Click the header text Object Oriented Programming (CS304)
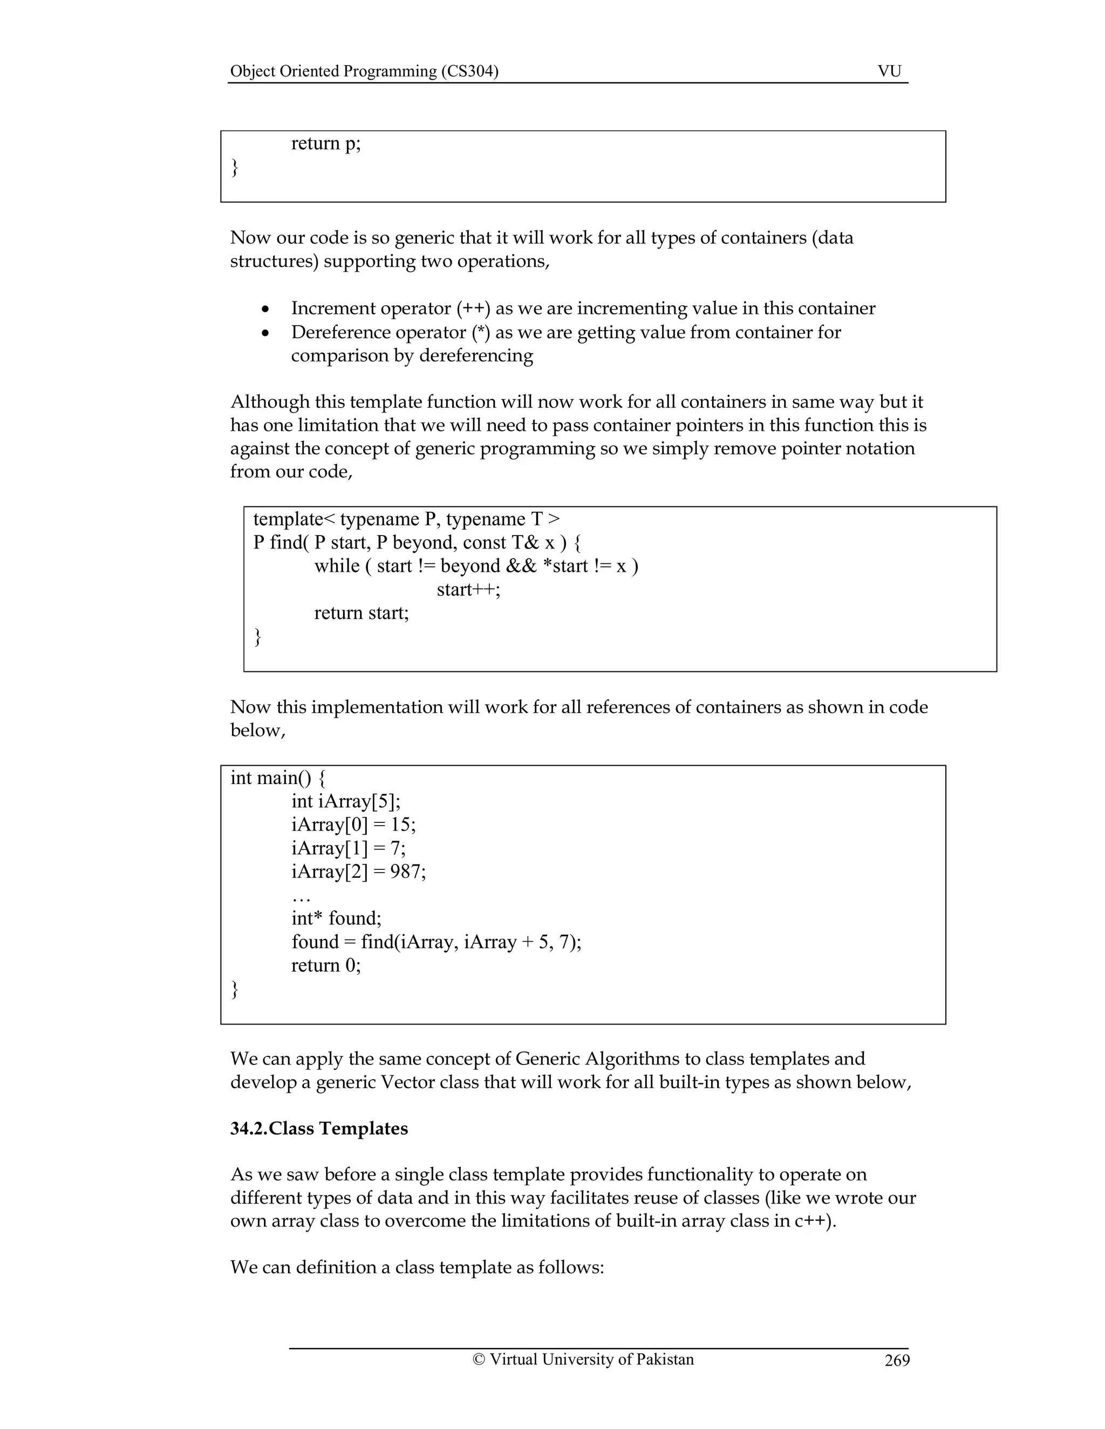(x=364, y=71)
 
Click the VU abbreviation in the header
(x=889, y=71)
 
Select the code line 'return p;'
(x=325, y=143)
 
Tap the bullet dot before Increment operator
(x=265, y=310)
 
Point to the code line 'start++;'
(x=468, y=589)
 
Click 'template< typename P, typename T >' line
(x=406, y=519)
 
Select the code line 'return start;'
(x=361, y=613)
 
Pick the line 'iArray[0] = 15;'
(x=353, y=825)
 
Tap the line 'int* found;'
(x=337, y=919)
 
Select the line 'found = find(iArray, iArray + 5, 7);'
(x=436, y=942)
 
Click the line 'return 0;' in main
(x=326, y=966)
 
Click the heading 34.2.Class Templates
(x=319, y=1129)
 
